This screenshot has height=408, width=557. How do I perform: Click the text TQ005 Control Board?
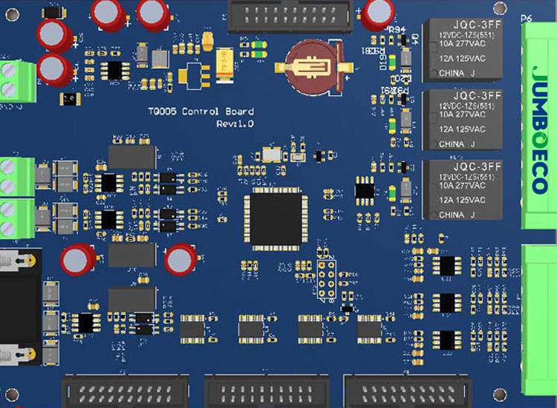201,111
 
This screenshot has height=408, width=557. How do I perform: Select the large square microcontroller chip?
277,216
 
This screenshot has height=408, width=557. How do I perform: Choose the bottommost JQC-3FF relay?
462,190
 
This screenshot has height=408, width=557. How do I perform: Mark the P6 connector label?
527,19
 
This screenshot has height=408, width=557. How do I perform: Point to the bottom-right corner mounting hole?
500,394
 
